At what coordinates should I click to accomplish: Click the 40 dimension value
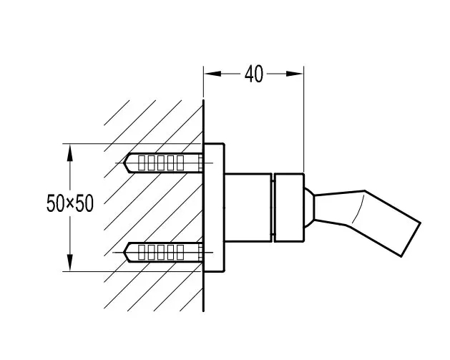(x=254, y=74)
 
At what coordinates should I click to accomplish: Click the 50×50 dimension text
(x=70, y=203)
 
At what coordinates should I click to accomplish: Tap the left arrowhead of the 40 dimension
(x=212, y=74)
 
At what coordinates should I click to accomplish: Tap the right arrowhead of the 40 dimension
(x=295, y=74)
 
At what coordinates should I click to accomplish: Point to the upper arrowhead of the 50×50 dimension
(x=69, y=152)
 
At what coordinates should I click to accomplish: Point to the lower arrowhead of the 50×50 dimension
(x=69, y=262)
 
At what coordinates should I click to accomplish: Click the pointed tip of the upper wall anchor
(x=124, y=163)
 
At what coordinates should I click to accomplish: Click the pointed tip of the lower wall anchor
(x=124, y=253)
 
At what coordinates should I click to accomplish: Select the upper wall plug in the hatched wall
(x=163, y=162)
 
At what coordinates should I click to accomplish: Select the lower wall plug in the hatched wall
(x=163, y=253)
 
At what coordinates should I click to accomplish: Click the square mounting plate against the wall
(x=214, y=208)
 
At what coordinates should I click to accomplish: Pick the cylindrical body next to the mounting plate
(x=248, y=208)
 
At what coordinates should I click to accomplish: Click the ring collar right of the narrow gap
(x=289, y=208)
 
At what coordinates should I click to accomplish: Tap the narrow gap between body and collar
(x=273, y=208)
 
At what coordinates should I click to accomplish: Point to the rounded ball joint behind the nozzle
(x=309, y=208)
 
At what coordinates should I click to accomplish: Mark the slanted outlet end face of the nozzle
(x=411, y=240)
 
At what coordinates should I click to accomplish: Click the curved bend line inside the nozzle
(x=358, y=209)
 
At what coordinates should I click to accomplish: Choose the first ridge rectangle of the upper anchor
(x=142, y=162)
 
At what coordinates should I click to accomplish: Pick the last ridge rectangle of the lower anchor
(x=180, y=253)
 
